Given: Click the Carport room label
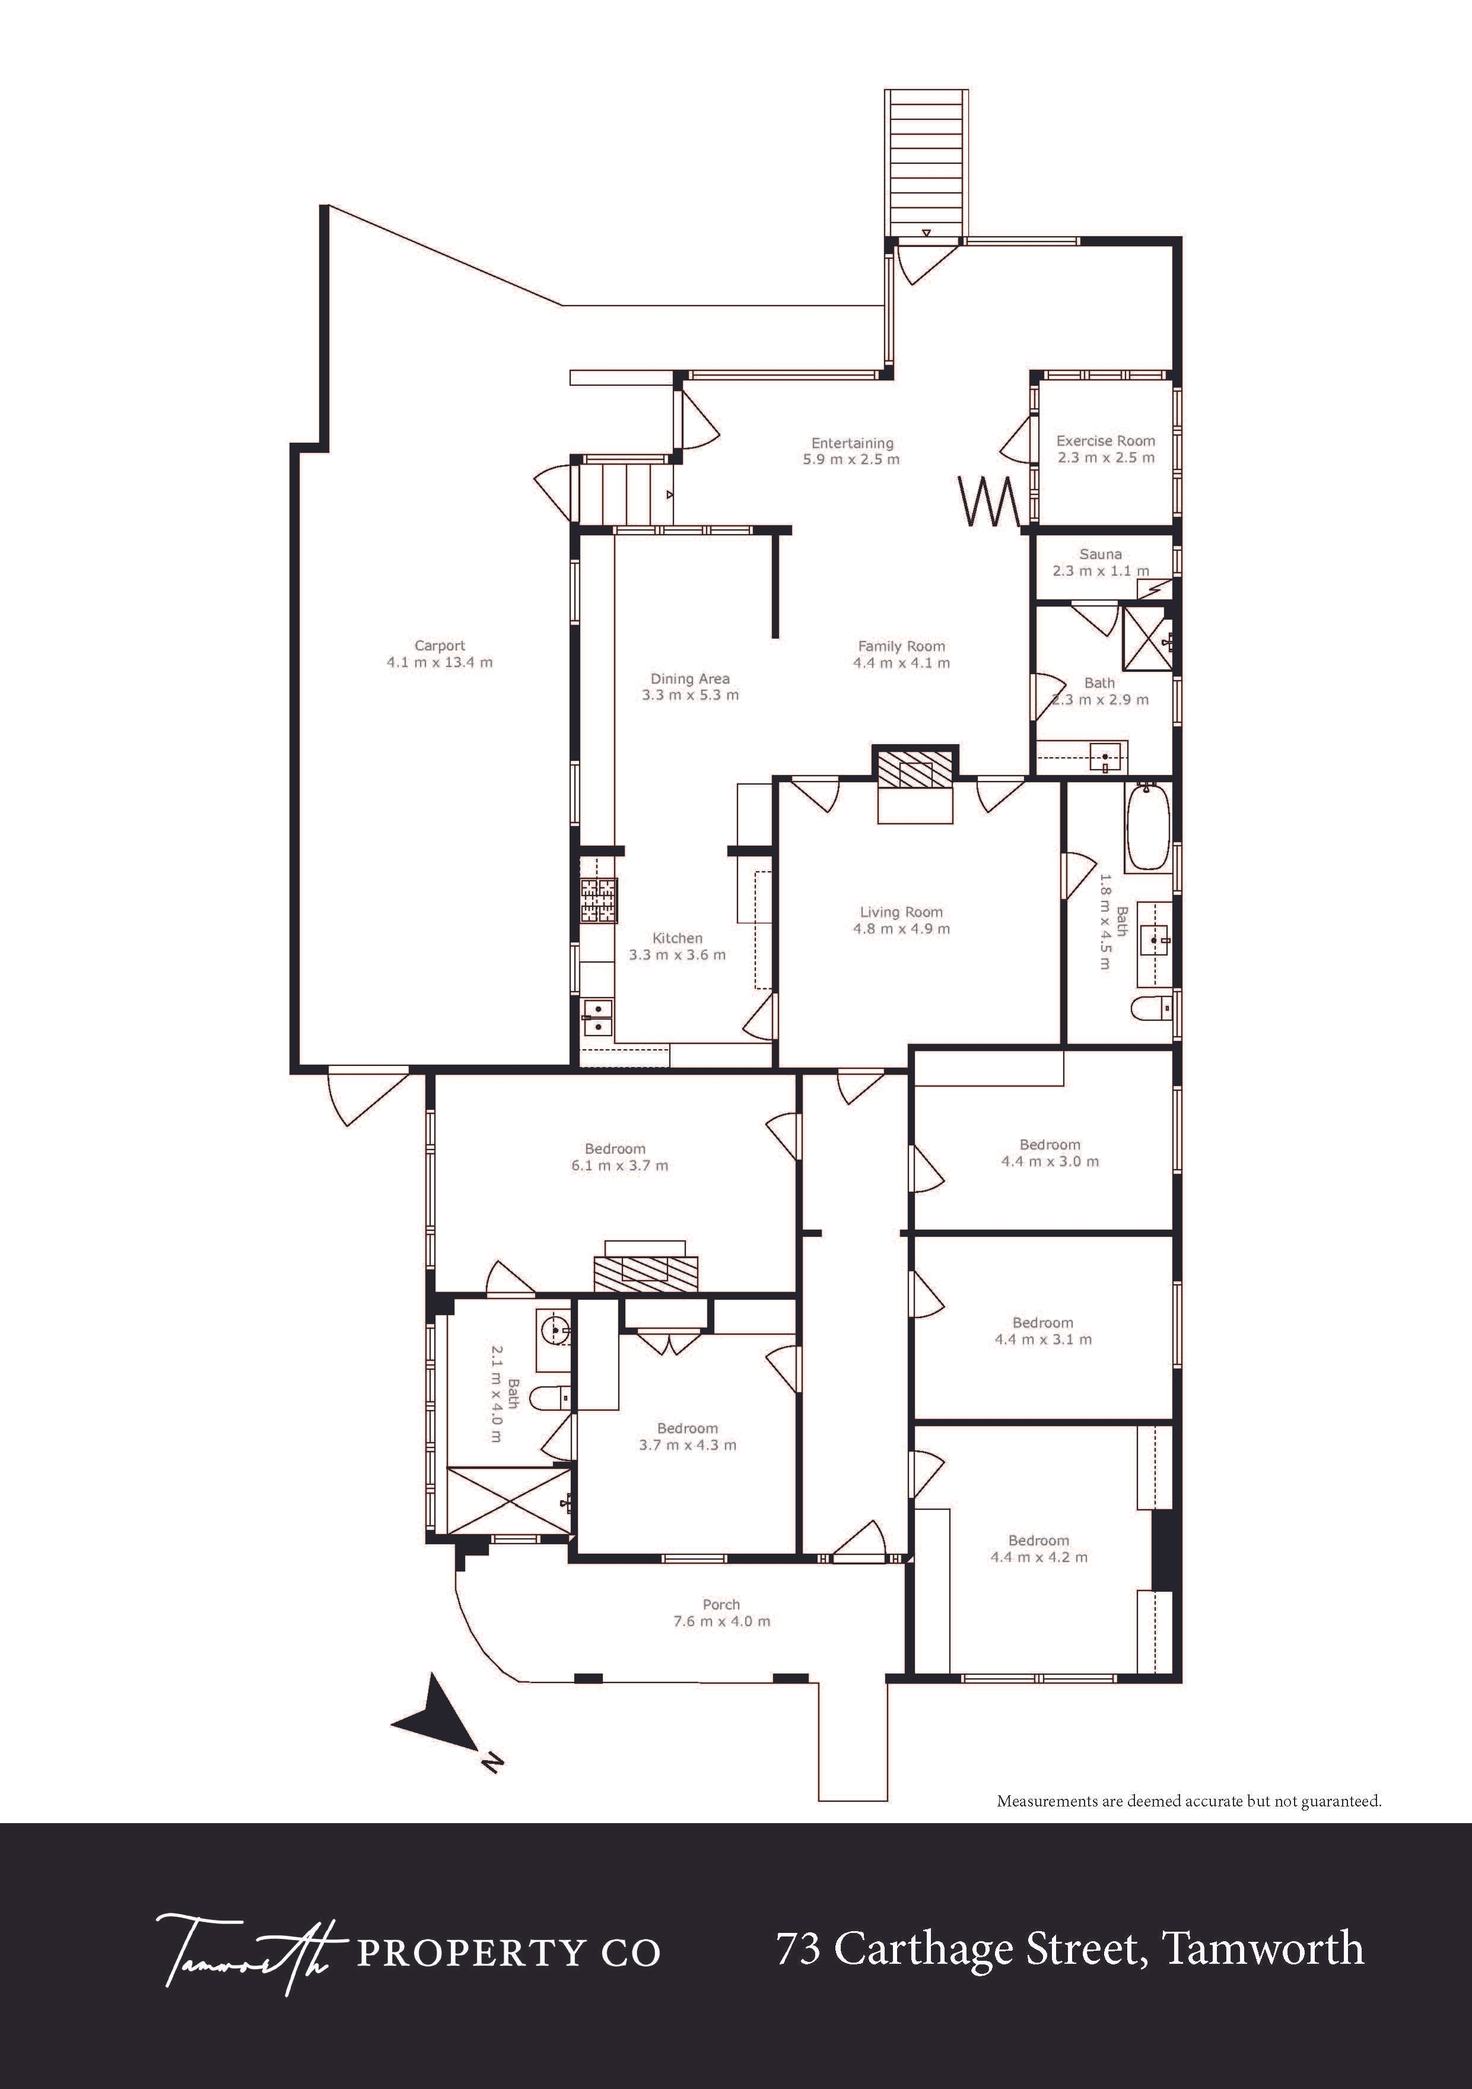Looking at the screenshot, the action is point(440,646).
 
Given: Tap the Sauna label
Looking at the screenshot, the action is point(1100,554).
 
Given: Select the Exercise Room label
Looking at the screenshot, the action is point(1105,440).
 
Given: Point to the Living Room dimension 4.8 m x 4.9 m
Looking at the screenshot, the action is point(901,929).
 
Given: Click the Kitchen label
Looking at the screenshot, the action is point(677,938).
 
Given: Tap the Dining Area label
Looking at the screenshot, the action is point(689,679).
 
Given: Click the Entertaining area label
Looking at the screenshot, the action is point(853,444).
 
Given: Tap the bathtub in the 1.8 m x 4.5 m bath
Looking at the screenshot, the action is point(1147,827).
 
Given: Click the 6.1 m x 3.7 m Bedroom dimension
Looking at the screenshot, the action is point(619,1166).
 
